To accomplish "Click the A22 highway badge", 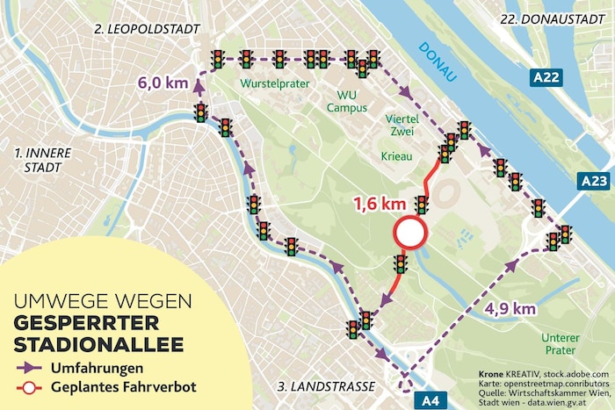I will pyautogui.click(x=546, y=78).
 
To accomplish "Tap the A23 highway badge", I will pyautogui.click(x=594, y=182).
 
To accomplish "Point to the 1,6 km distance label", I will pyautogui.click(x=379, y=205).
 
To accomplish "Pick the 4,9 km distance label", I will pyautogui.click(x=510, y=308).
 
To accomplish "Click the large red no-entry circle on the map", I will pyautogui.click(x=409, y=234).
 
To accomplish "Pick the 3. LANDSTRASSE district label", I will pyautogui.click(x=325, y=386).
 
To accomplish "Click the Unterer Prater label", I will pyautogui.click(x=561, y=344).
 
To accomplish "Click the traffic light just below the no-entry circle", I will pyautogui.click(x=401, y=264).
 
